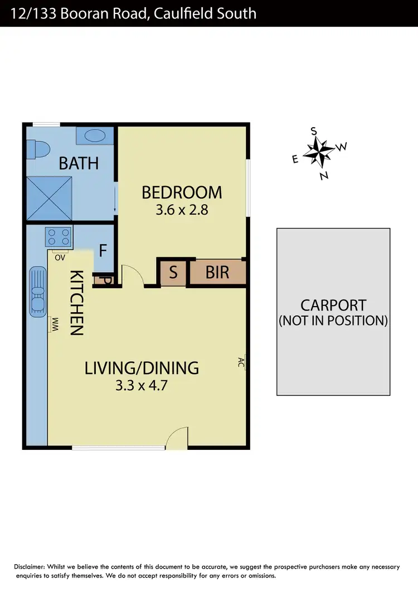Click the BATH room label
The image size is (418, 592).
pos(79,163)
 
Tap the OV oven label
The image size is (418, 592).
pos(60,257)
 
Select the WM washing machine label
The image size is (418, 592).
pos(55,323)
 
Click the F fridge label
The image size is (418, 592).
pos(103,251)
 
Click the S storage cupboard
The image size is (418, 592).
pos(173,273)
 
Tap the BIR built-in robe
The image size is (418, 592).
pos(217,273)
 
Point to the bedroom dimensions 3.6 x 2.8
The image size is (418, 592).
pos(182,211)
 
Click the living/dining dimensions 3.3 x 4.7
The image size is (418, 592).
pos(142,385)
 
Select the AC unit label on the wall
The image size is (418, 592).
pos(242,362)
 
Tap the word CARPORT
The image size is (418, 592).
pos(333,305)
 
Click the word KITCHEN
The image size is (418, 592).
pos(76,302)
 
